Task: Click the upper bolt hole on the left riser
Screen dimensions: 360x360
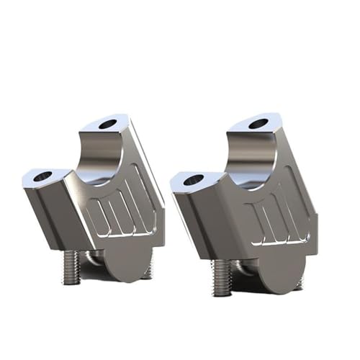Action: (x=107, y=124)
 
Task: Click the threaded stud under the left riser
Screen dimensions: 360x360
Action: (x=71, y=266)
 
